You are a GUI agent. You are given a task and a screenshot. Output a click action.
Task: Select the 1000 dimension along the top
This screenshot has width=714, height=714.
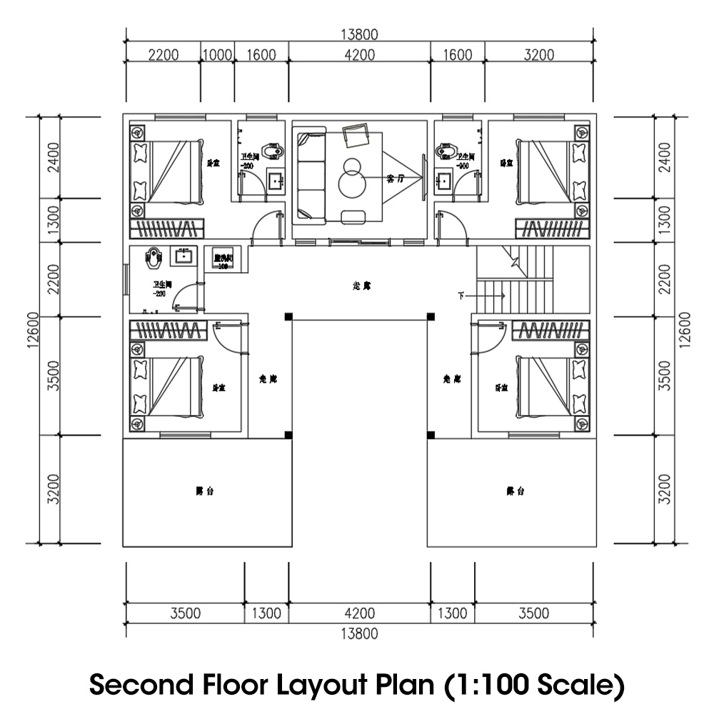(x=217, y=55)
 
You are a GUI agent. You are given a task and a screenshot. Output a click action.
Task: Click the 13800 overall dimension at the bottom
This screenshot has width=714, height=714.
(x=358, y=633)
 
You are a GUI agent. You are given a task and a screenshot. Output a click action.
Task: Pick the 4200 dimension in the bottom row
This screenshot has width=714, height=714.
(x=358, y=613)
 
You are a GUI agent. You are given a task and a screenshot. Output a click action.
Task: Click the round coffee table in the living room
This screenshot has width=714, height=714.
(x=351, y=182)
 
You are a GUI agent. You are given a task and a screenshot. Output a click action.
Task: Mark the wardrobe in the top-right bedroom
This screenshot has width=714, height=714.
(x=553, y=228)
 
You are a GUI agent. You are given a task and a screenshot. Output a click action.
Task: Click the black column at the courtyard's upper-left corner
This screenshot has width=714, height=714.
(x=288, y=316)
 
